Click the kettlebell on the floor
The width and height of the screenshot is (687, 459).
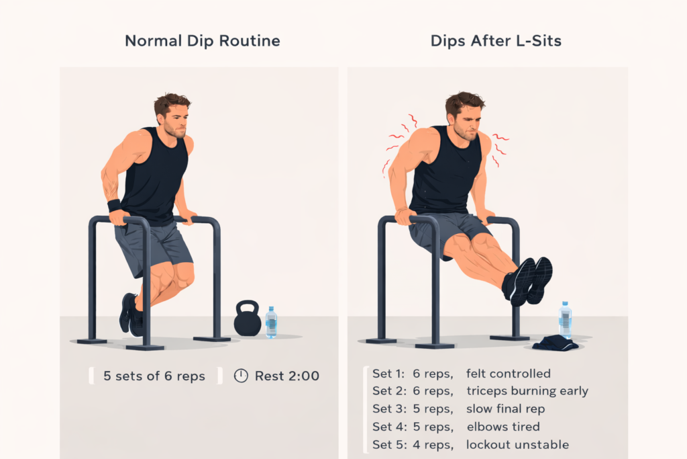[247, 320]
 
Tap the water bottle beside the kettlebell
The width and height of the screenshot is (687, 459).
[271, 323]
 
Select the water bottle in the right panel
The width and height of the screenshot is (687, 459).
[566, 321]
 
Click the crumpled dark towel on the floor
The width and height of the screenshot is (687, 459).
[555, 343]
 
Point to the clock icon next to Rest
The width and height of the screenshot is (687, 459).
[241, 376]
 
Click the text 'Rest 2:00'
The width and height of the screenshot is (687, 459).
[286, 376]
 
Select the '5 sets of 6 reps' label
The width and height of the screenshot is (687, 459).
[154, 376]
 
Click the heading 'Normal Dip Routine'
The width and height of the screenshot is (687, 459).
[203, 41]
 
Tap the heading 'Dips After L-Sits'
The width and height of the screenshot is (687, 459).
[496, 41]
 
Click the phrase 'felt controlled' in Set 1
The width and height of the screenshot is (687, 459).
[508, 374]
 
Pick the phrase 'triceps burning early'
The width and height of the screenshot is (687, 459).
[527, 391]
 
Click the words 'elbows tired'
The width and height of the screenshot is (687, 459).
[503, 427]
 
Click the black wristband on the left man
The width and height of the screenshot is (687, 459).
[114, 205]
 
